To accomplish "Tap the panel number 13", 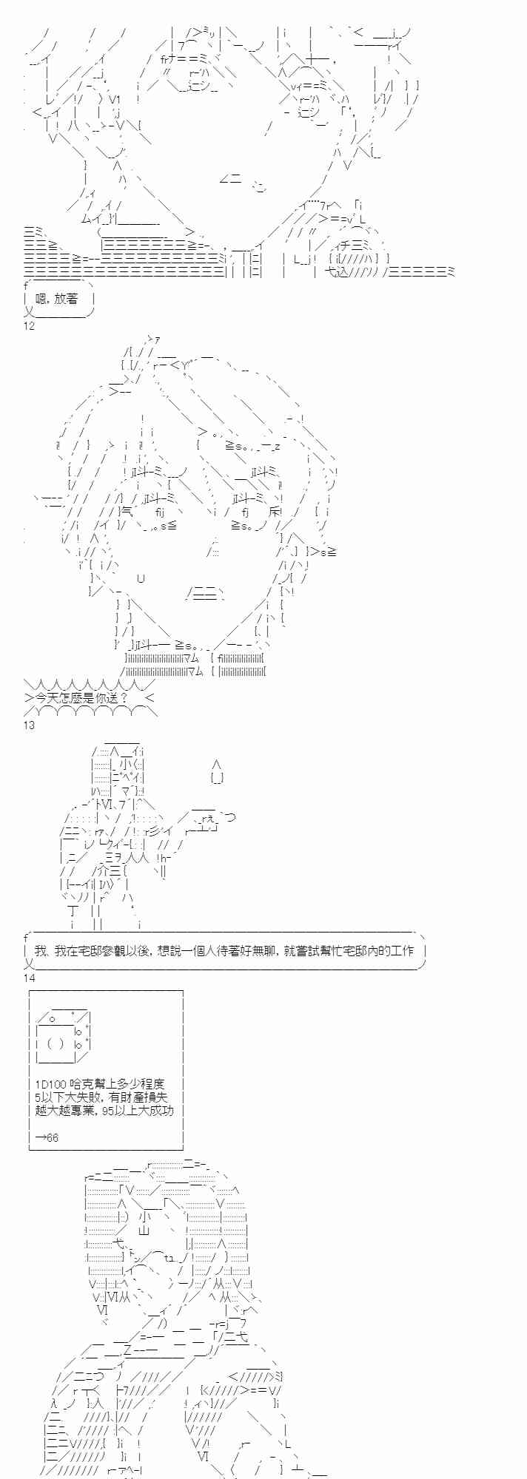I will coord(29,725).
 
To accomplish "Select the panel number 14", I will coord(29,978).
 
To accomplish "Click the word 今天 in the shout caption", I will coord(47,697).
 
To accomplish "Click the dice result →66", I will coord(46,1137).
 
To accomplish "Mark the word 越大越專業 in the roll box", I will coord(65,1111).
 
